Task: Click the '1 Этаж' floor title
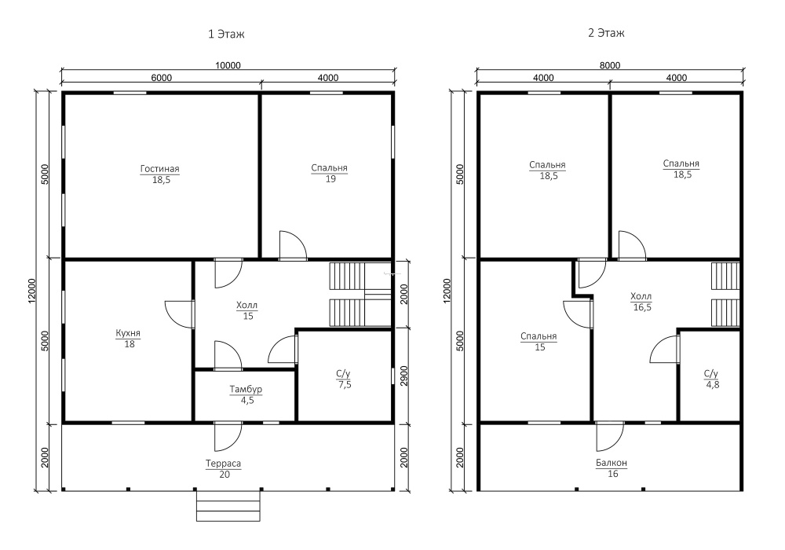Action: pos(226,34)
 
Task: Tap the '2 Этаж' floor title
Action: pos(606,33)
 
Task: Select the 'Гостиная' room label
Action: pos(159,169)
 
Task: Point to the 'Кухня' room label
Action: pos(128,333)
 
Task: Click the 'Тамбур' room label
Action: pos(246,389)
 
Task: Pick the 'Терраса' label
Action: pos(223,464)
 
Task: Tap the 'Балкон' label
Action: pos(612,463)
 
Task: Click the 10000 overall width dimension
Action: pos(228,66)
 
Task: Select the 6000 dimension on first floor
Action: pos(161,78)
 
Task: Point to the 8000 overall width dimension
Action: pos(610,66)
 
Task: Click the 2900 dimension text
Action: pos(404,376)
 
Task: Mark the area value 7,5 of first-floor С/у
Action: pos(345,385)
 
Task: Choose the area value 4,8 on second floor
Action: pos(713,385)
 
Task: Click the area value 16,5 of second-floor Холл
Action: pos(642,307)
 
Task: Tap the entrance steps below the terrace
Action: pos(228,506)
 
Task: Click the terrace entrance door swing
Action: pos(228,436)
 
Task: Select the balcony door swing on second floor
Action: pos(610,436)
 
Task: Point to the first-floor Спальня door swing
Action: pos(293,245)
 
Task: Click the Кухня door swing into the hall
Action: pos(180,314)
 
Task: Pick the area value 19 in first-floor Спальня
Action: pos(330,179)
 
